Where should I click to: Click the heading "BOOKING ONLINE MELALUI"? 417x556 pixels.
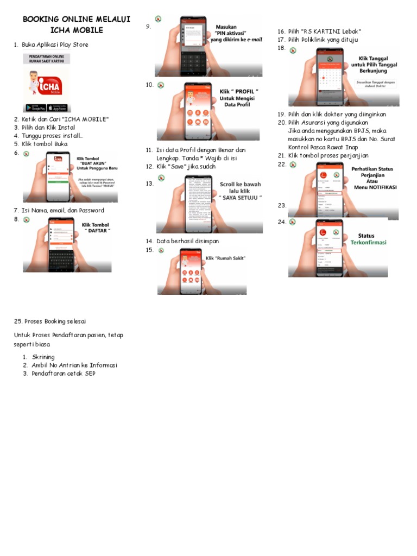tap(76, 20)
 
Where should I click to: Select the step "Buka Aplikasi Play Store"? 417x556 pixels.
tap(55, 45)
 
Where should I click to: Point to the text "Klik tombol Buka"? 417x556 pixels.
tap(45, 144)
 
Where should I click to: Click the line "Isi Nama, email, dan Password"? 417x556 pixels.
tap(63, 211)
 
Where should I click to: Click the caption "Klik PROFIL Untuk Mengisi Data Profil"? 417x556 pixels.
tap(238, 97)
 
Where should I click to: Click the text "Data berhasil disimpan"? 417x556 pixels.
tap(188, 241)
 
